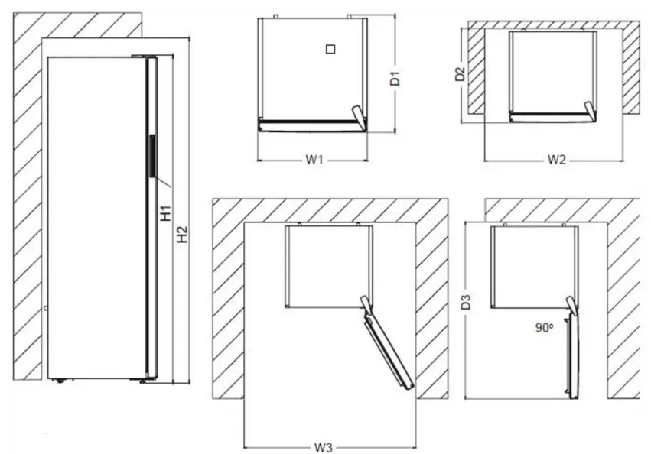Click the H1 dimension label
pyautogui.click(x=165, y=212)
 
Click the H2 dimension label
pyautogui.click(x=182, y=235)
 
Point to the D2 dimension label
pyautogui.click(x=460, y=74)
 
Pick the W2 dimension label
pyautogui.click(x=556, y=160)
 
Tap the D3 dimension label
pyautogui.click(x=466, y=302)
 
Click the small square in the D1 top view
pyautogui.click(x=329, y=49)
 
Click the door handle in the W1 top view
pyautogui.click(x=358, y=115)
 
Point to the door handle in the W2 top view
pyautogui.click(x=589, y=111)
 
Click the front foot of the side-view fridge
pyautogui.click(x=143, y=380)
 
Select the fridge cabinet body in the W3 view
pyautogui.click(x=328, y=265)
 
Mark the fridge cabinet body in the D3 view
pyautogui.click(x=533, y=265)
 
